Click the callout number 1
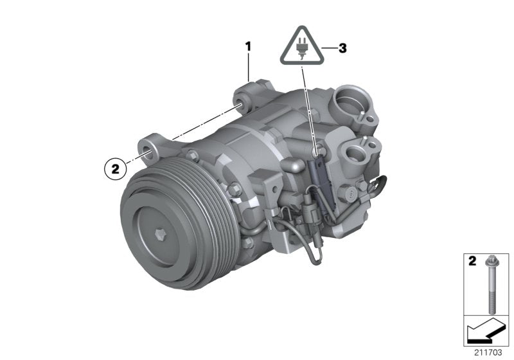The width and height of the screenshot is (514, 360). (248, 46)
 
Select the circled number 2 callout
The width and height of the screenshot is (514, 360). (115, 168)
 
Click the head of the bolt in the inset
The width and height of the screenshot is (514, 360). (489, 264)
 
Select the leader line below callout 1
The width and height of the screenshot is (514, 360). (249, 67)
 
